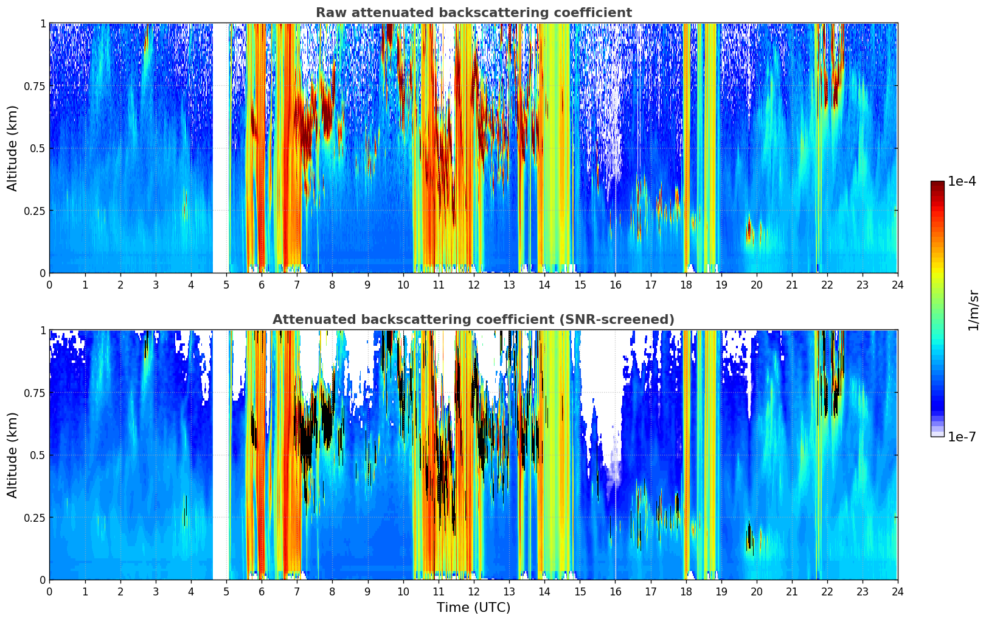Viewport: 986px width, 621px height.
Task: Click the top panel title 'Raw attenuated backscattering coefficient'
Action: [x=473, y=13]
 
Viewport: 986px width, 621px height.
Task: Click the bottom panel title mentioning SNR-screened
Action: [x=473, y=320]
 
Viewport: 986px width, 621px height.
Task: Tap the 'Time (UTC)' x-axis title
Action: [x=473, y=608]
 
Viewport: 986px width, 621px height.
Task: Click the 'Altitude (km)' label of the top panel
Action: [x=13, y=148]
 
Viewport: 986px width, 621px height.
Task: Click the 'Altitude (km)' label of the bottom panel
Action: [x=13, y=455]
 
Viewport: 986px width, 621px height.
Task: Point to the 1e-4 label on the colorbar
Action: [x=962, y=181]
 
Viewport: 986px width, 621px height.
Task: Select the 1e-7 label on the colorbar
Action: [x=962, y=437]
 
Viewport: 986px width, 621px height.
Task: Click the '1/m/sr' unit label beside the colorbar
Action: [x=973, y=310]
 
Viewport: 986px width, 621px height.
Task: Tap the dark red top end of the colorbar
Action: [x=937, y=184]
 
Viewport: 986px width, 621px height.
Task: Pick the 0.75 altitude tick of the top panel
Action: [x=35, y=86]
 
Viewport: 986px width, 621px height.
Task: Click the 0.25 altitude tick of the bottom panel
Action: [x=35, y=517]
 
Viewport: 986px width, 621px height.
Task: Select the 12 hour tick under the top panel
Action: [x=473, y=285]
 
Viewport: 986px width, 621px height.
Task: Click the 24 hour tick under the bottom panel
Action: [x=897, y=592]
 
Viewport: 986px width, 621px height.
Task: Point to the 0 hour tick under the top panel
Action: [x=49, y=285]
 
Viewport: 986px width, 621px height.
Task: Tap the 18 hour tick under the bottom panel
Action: [x=686, y=592]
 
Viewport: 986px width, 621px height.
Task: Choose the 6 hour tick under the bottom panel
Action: [x=262, y=592]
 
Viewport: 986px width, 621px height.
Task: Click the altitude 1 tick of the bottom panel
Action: [x=43, y=331]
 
